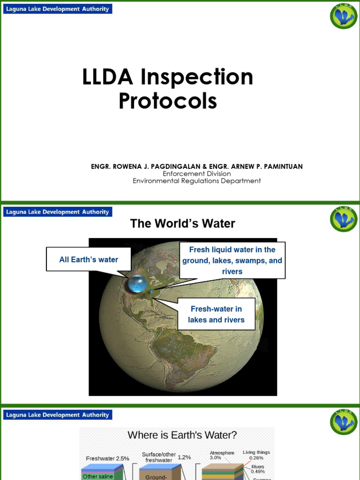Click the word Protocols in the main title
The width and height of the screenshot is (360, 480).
click(x=168, y=101)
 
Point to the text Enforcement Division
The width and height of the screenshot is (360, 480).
click(x=196, y=173)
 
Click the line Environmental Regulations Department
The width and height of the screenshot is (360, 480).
click(x=196, y=180)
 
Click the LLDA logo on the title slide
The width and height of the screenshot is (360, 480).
click(x=343, y=16)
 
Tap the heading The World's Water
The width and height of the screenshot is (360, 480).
click(x=182, y=224)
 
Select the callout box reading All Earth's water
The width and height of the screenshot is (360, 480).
click(x=89, y=260)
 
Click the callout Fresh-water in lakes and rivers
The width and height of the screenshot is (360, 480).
click(x=216, y=315)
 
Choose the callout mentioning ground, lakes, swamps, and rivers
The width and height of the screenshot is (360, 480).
click(x=232, y=261)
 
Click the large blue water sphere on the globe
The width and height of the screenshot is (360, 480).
click(x=137, y=283)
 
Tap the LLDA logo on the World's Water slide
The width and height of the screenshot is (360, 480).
click(x=343, y=219)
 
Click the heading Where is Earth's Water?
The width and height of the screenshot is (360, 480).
click(x=182, y=435)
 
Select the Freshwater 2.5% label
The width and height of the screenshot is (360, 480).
click(x=107, y=458)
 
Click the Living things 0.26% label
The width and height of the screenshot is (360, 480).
click(x=256, y=455)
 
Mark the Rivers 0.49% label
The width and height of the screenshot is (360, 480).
click(x=258, y=469)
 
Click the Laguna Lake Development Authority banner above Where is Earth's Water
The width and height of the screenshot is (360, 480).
click(x=58, y=415)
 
